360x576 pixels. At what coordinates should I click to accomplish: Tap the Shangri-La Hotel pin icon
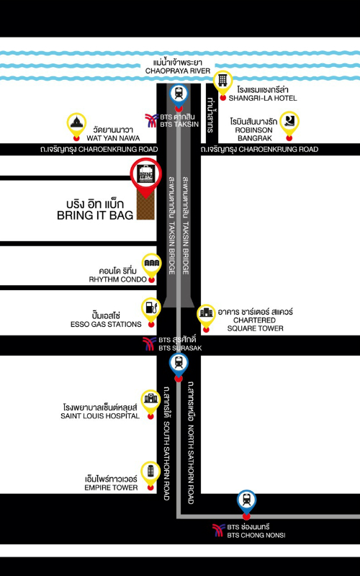pyautogui.click(x=222, y=83)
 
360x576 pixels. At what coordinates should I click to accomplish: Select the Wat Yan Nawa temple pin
pyautogui.click(x=76, y=124)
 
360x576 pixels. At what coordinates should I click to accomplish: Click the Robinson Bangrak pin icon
pyautogui.click(x=289, y=123)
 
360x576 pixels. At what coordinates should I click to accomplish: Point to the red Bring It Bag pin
pyautogui.click(x=146, y=176)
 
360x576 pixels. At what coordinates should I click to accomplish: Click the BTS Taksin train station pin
pyautogui.click(x=179, y=94)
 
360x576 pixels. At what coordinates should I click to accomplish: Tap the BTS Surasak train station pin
pyautogui.click(x=179, y=364)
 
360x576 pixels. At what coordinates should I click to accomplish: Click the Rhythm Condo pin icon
pyautogui.click(x=151, y=265)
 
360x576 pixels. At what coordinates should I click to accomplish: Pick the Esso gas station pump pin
pyautogui.click(x=151, y=310)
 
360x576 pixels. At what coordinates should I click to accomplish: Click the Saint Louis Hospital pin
pyautogui.click(x=150, y=402)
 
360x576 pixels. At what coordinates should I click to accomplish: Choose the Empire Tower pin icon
pyautogui.click(x=150, y=473)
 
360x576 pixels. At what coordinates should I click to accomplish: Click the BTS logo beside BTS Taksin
pyautogui.click(x=151, y=120)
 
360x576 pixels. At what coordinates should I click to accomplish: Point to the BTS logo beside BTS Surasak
pyautogui.click(x=150, y=343)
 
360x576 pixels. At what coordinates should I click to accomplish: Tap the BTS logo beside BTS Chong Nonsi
pyautogui.click(x=219, y=530)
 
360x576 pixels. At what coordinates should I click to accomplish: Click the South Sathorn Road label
pyautogui.click(x=166, y=443)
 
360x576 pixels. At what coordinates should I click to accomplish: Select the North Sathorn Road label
pyautogui.click(x=191, y=443)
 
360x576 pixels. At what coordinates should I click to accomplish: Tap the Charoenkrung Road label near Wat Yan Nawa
pyautogui.click(x=99, y=150)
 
